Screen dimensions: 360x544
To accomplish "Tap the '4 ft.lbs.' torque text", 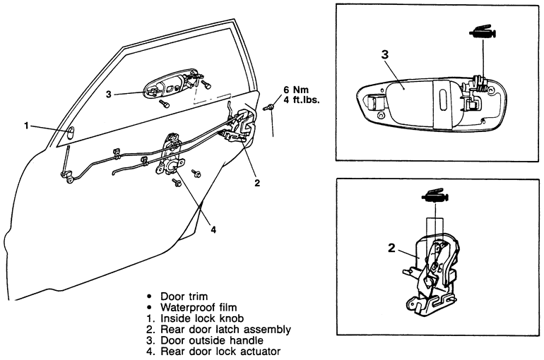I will tap(302, 100).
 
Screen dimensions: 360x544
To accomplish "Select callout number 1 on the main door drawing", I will tap(26, 126).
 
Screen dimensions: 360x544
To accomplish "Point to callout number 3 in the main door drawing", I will tap(109, 92).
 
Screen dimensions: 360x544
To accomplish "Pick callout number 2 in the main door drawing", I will tap(257, 182).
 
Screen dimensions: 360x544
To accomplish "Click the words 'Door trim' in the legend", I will tap(184, 296).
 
